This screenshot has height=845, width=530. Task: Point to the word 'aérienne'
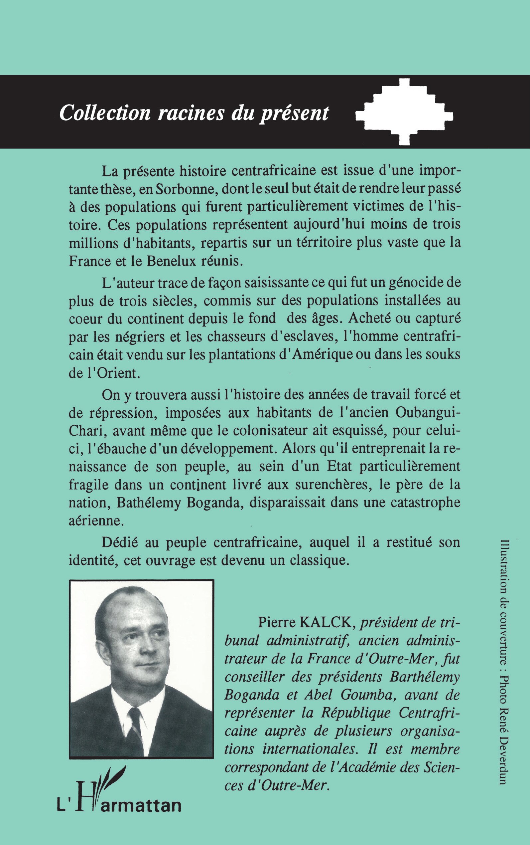[x=96, y=520]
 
